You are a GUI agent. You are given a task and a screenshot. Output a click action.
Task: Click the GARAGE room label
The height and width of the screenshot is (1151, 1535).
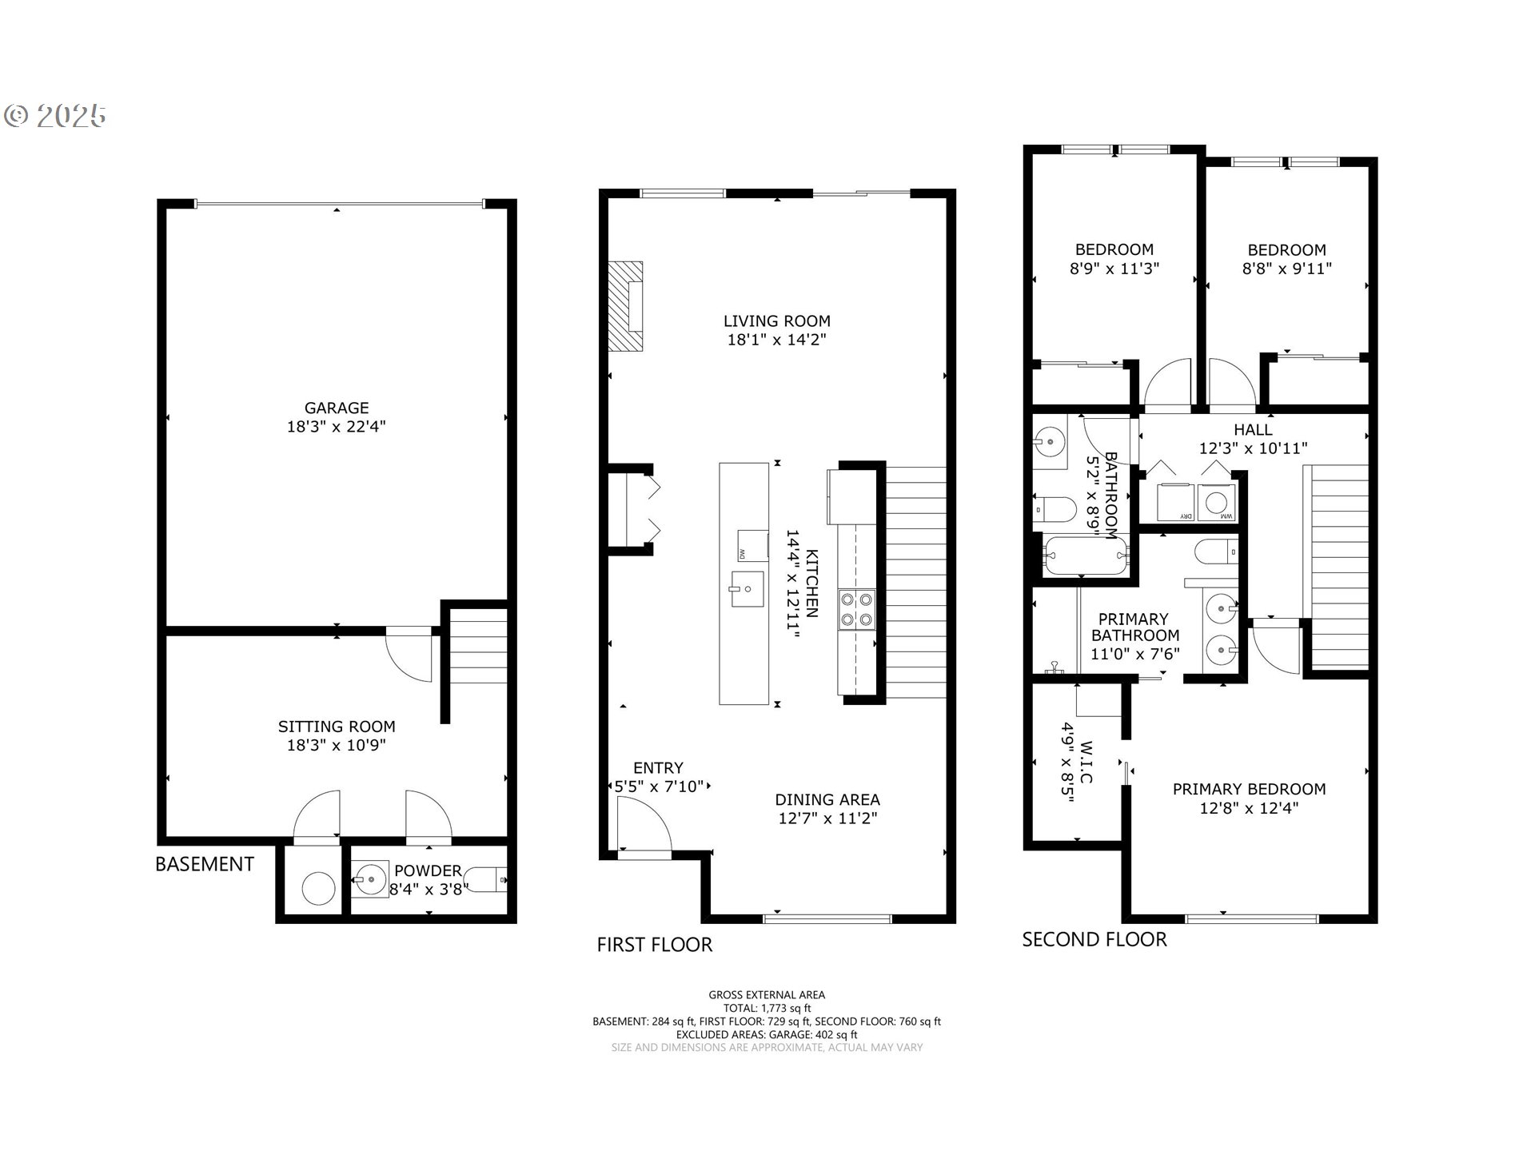[336, 408]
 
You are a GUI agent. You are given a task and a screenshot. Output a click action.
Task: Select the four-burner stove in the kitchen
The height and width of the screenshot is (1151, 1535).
[856, 610]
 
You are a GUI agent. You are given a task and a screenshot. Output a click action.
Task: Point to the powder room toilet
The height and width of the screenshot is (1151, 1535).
[487, 880]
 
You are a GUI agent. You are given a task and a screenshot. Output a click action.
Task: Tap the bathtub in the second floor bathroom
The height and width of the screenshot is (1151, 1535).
[1085, 556]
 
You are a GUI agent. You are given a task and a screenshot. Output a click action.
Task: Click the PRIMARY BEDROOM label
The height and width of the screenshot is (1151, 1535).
[1249, 789]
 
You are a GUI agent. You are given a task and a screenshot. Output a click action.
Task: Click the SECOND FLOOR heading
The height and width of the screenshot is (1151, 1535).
[1094, 939]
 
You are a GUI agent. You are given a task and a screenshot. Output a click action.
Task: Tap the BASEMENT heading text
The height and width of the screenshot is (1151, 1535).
[205, 864]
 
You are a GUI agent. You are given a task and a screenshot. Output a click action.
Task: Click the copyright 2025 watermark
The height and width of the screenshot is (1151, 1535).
[55, 116]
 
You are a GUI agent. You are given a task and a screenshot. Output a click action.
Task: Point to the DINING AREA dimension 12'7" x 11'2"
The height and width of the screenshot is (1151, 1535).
[827, 818]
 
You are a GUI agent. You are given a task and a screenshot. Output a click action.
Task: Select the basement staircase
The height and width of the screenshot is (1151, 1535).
[478, 647]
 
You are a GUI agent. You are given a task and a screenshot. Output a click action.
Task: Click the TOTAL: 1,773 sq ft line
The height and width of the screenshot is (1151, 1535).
[767, 1008]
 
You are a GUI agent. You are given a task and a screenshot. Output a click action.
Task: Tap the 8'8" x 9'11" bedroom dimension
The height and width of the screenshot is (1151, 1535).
[1286, 269]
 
